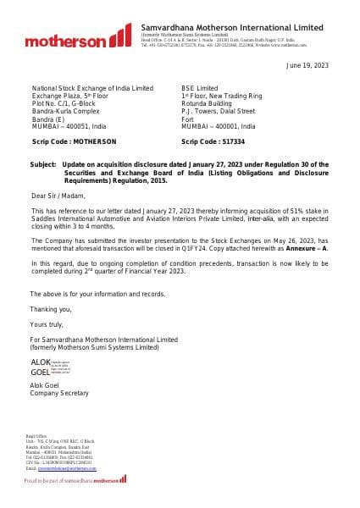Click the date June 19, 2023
(x=307, y=65)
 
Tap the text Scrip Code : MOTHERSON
(x=74, y=141)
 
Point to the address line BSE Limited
(x=200, y=88)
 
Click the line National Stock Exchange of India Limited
(x=92, y=88)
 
